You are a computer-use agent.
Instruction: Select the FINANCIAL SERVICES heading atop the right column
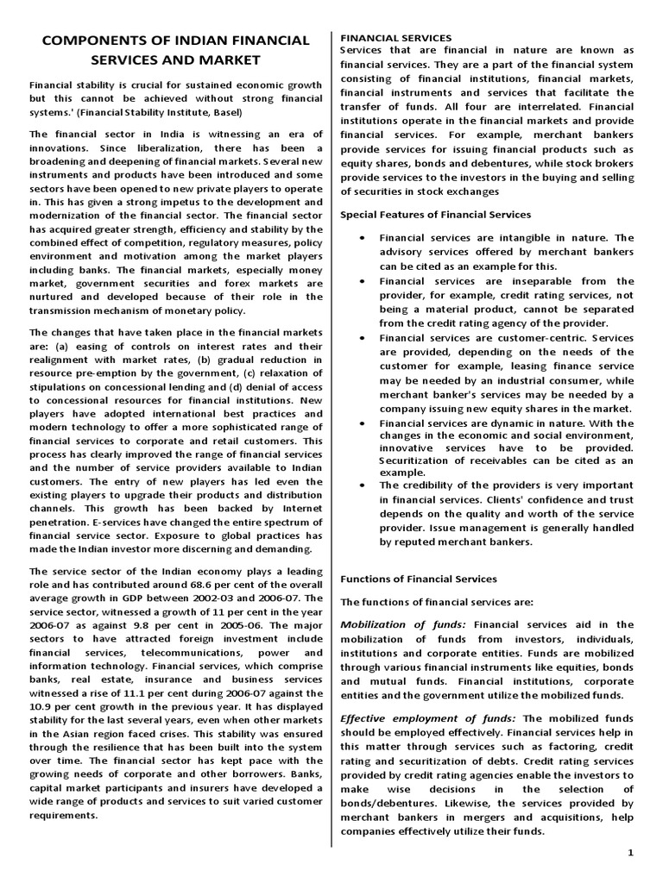pos(396,38)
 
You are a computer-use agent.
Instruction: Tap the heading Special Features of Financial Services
pos(436,214)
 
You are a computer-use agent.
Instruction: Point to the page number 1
pos(631,852)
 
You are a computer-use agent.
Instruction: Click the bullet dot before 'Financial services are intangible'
pos(360,237)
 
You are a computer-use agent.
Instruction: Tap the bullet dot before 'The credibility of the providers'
pos(360,485)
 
